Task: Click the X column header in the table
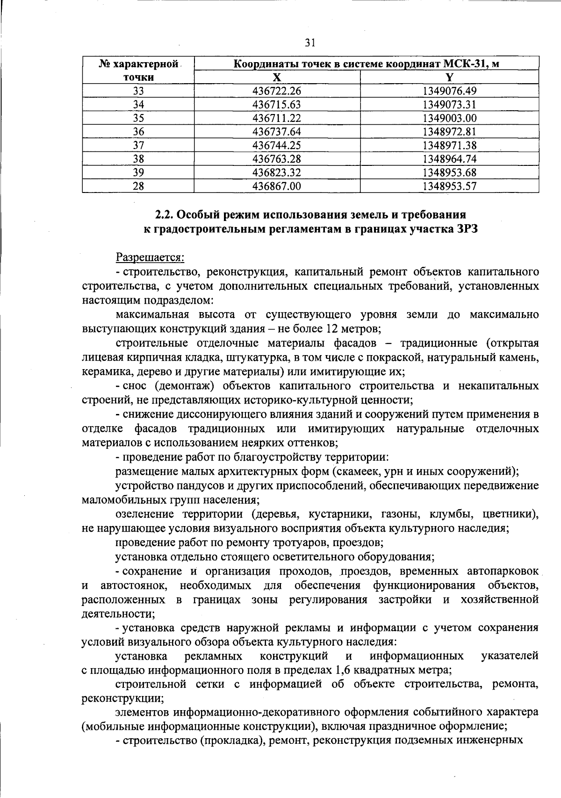tap(277, 78)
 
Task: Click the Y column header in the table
tap(449, 78)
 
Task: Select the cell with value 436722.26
tap(277, 91)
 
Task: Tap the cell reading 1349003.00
tap(449, 118)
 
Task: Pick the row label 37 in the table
tap(138, 145)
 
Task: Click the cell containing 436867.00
tap(277, 186)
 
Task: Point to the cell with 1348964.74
tap(449, 159)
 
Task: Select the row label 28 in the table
tap(138, 186)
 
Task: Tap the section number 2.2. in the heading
tap(165, 214)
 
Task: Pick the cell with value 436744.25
tap(277, 145)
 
